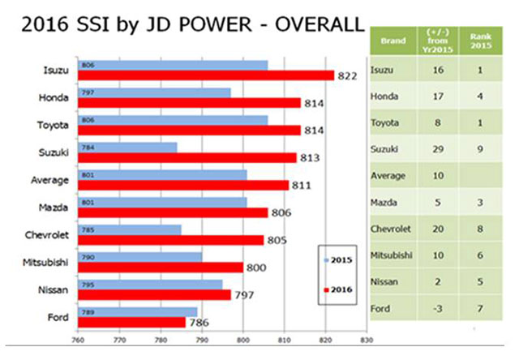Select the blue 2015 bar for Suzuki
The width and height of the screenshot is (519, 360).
coord(127,147)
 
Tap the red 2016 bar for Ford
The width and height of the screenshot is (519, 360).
coord(131,322)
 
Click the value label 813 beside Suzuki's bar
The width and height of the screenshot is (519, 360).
coord(308,158)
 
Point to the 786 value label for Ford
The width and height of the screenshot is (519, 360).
coord(199,323)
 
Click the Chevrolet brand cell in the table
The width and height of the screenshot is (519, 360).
coord(391,228)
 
